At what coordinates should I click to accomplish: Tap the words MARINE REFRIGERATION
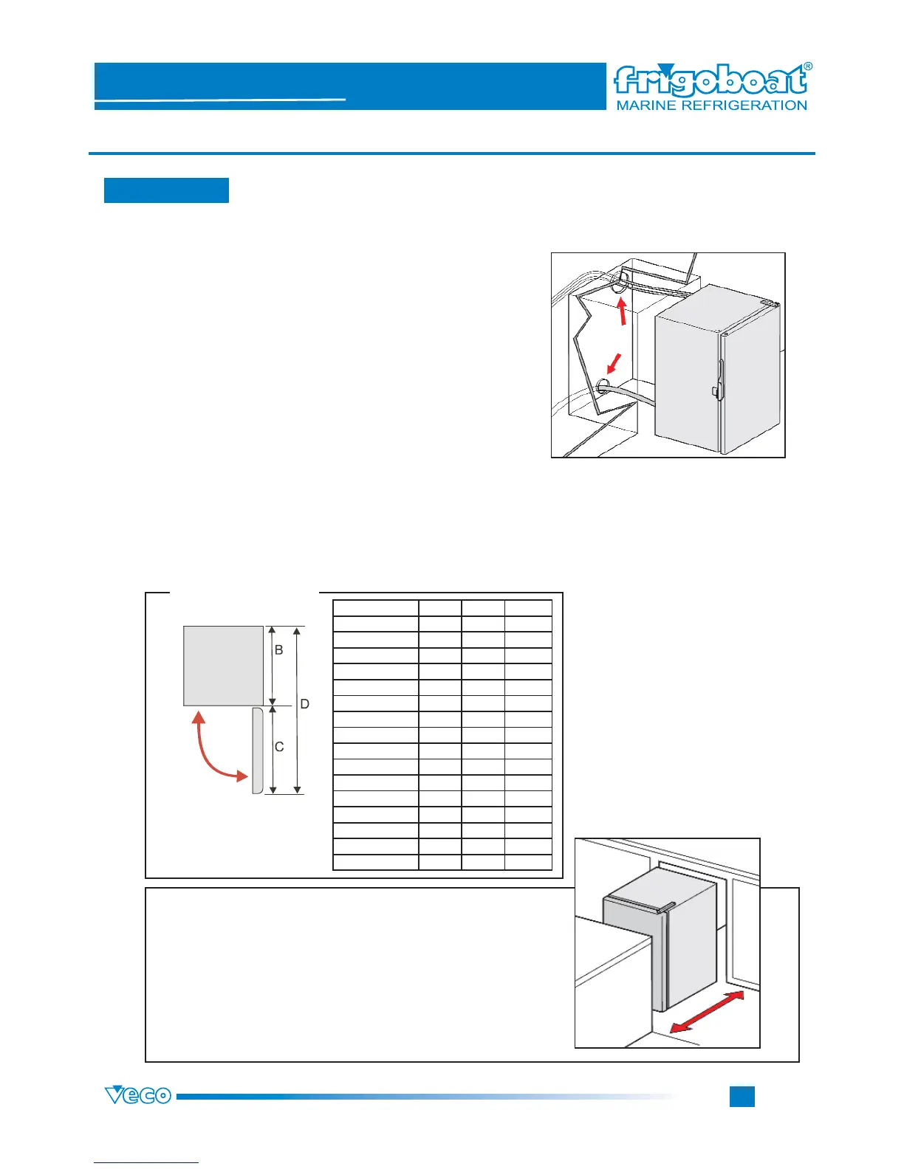click(x=711, y=106)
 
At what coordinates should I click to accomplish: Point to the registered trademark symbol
click(x=807, y=66)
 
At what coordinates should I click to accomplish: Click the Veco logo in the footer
click(x=138, y=1095)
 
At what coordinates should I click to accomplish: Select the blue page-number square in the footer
click(x=742, y=1096)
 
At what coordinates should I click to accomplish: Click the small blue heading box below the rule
click(x=166, y=190)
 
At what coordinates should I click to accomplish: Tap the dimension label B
click(x=278, y=650)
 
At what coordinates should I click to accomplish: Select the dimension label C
click(x=279, y=747)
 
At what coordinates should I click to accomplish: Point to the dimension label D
click(x=304, y=704)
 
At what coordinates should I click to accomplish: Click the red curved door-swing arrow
click(x=211, y=754)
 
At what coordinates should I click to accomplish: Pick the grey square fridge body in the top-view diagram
click(x=223, y=666)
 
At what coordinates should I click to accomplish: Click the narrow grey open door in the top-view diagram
click(x=257, y=750)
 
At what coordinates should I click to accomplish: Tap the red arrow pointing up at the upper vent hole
click(x=623, y=310)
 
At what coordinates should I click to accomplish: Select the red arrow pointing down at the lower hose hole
click(x=612, y=364)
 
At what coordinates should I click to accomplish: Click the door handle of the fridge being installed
click(x=718, y=376)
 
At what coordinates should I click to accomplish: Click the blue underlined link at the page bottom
click(x=146, y=1162)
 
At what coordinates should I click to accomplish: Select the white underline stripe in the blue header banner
click(x=220, y=99)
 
